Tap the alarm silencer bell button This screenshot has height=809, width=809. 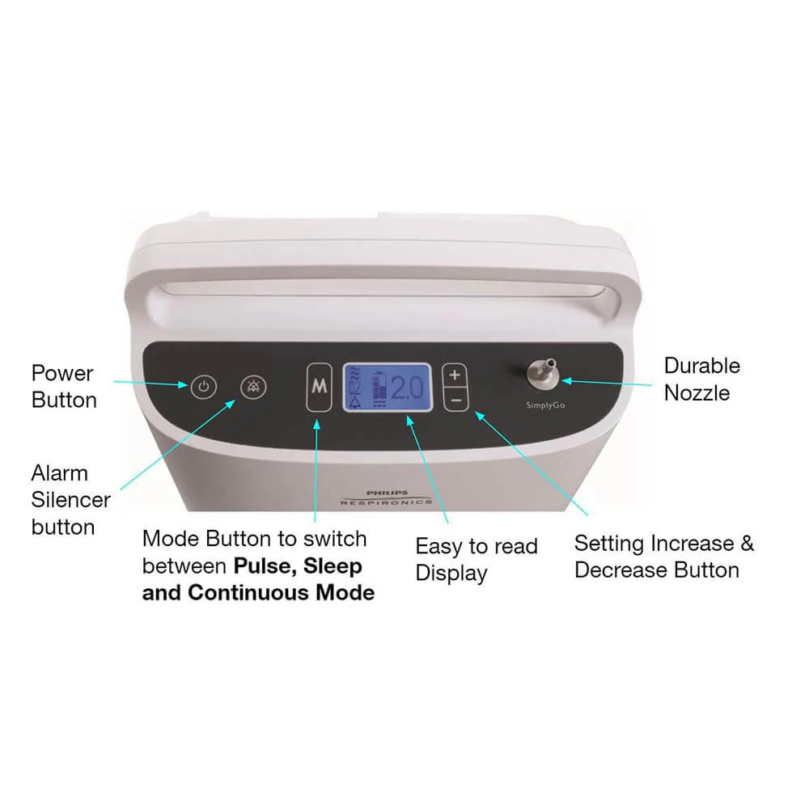pos(253,387)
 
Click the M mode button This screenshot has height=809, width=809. pos(320,387)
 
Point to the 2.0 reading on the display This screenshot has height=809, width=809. pos(407,388)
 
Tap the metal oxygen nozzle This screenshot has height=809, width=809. pos(544,374)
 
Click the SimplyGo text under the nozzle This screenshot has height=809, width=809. pos(545,405)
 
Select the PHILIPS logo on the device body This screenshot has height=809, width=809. pos(387,493)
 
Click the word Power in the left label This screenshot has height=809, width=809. pos(62,373)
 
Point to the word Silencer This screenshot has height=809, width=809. pos(70,499)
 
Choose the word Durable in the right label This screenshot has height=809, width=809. pos(702,366)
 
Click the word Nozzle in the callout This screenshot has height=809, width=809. pos(697,393)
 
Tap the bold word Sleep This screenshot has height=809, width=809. pos(332,566)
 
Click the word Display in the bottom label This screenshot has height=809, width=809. pos(451,574)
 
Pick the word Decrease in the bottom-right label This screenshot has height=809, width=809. pos(621,570)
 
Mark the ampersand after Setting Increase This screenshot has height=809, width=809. pos(748,544)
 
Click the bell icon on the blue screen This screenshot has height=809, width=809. pos(355,402)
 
